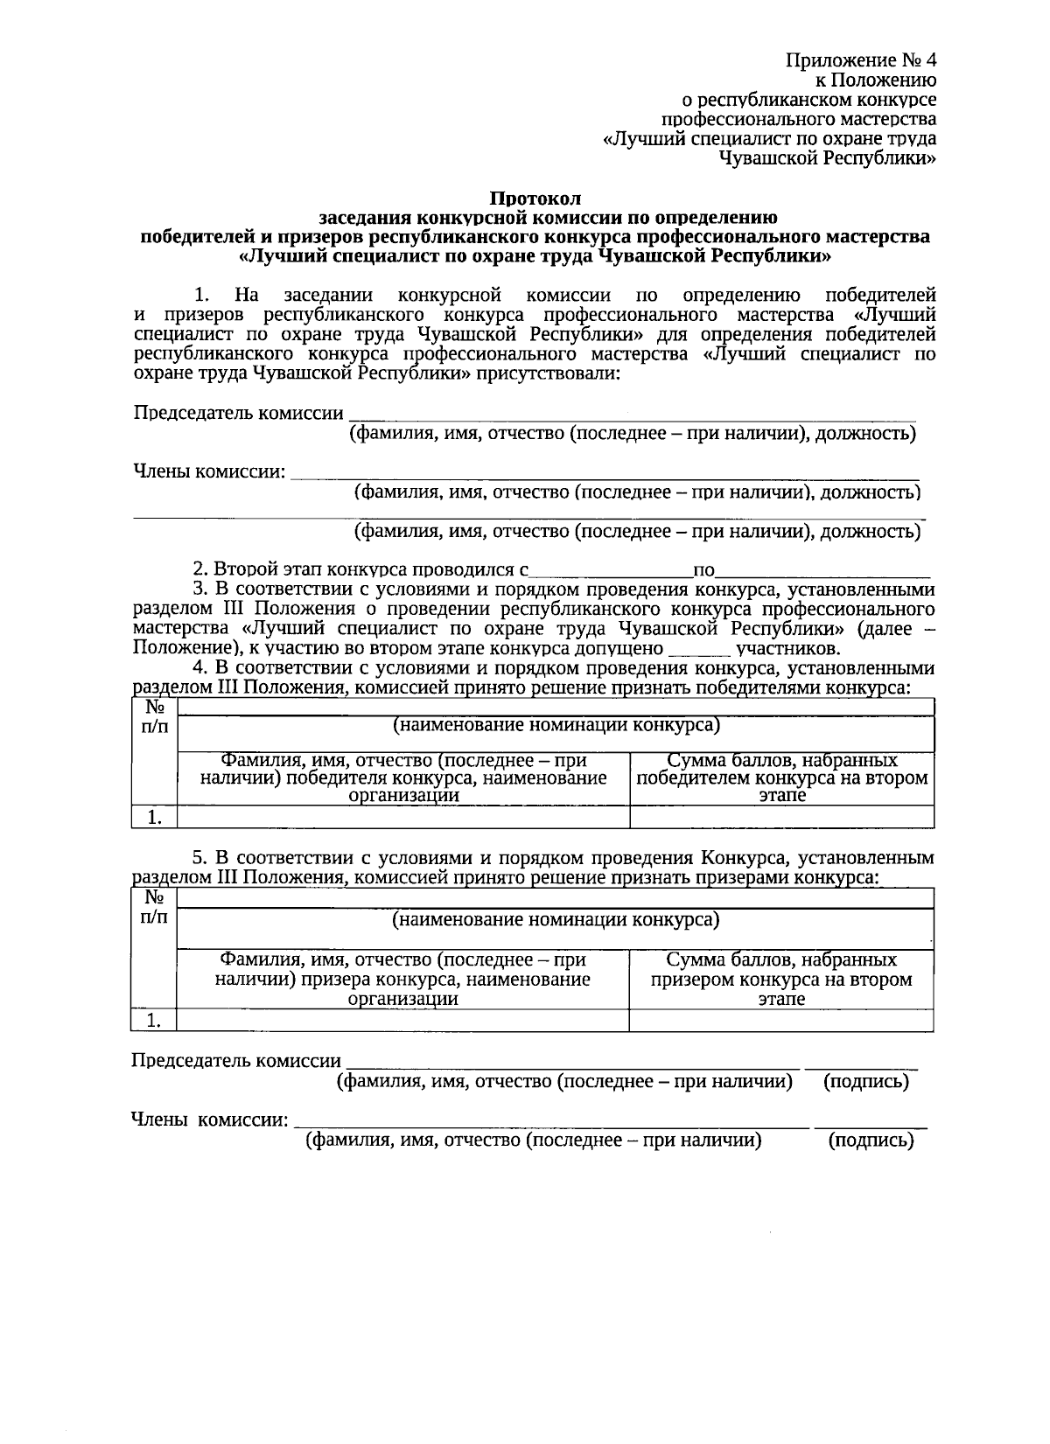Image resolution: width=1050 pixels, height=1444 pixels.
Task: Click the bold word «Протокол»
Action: pos(534,199)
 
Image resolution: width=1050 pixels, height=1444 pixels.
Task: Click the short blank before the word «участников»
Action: pos(698,649)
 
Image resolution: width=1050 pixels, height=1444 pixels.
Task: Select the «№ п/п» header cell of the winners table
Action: pos(154,717)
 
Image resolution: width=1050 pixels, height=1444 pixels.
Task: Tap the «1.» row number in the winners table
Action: pos(154,817)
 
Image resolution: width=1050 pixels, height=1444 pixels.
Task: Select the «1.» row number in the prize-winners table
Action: pos(154,1020)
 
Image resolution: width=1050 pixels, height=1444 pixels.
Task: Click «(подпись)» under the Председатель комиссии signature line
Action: pos(865,1082)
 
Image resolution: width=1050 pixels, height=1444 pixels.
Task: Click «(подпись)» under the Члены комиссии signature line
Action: pos(870,1141)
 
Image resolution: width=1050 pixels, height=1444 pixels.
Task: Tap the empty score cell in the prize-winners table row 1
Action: pos(781,1020)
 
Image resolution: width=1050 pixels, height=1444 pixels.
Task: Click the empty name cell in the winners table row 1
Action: pos(402,817)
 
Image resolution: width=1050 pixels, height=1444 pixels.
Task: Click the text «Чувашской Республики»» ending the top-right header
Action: pos(827,158)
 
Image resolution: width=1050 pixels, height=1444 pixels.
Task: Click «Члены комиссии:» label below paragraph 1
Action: pos(210,472)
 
